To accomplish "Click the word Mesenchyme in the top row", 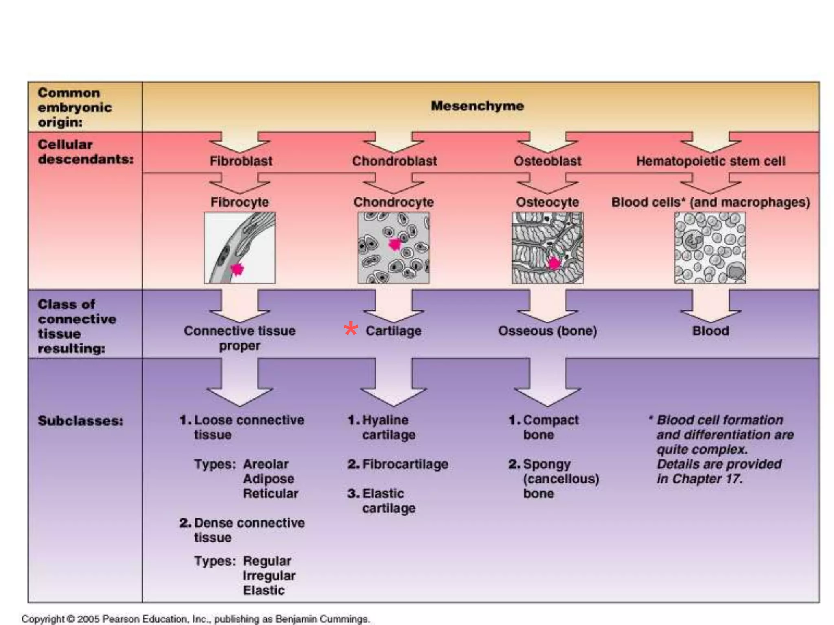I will point(477,106).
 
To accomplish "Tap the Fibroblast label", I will point(241,161).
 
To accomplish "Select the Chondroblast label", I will point(394,161).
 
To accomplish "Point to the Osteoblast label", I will point(547,161).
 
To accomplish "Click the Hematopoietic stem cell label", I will point(711,161).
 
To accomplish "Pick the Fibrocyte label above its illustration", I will point(239,202).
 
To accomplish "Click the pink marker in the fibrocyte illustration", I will point(237,269).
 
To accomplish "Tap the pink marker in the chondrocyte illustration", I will point(395,244).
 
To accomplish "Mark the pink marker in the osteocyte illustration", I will point(554,263).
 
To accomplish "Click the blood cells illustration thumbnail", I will point(710,248).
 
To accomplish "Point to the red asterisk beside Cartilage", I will point(351,330).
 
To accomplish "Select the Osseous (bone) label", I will point(547,331).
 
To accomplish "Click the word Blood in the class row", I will point(711,331).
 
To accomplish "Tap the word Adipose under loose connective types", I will point(268,479).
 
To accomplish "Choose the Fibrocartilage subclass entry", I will point(405,464).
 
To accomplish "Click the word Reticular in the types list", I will point(270,494).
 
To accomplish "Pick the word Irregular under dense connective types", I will point(269,576).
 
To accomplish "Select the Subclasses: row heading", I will point(80,421).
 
